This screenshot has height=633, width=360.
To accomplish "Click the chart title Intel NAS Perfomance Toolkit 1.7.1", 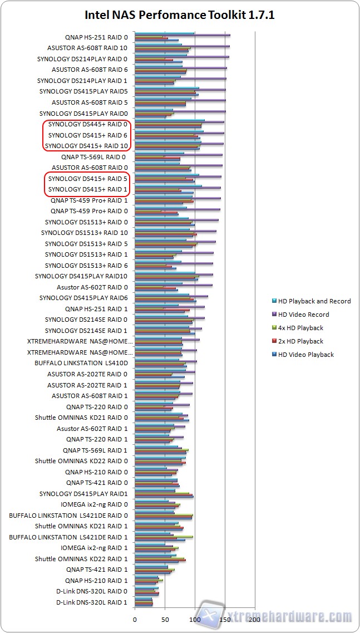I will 180,15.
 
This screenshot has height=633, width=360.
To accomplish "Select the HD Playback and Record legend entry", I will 314,301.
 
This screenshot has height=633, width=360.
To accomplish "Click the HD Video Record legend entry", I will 303,315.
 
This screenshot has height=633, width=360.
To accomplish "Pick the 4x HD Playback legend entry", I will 300,328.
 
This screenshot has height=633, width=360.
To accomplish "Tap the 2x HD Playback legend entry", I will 300,341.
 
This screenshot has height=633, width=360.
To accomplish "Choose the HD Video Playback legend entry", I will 305,355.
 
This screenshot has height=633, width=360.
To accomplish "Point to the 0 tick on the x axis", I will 135,619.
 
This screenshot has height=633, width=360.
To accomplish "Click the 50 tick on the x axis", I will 165,619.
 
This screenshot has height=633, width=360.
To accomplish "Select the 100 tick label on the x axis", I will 195,619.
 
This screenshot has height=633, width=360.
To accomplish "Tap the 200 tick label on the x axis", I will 255,619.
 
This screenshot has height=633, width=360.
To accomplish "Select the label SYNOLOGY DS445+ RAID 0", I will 87,124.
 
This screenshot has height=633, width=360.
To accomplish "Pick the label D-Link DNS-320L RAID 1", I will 92,602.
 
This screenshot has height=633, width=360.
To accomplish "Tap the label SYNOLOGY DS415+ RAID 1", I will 88,189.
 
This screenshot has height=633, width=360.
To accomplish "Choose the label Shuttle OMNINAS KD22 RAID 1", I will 81,559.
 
